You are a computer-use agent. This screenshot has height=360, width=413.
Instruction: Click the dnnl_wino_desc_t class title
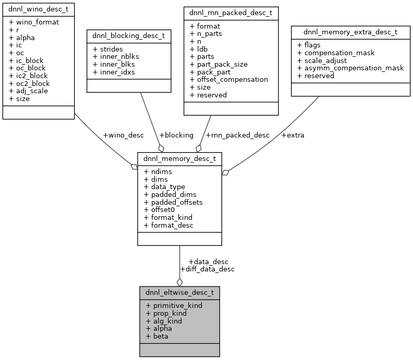38,9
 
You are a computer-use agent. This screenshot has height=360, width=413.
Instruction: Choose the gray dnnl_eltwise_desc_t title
179,293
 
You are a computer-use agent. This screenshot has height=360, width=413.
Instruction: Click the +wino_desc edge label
123,135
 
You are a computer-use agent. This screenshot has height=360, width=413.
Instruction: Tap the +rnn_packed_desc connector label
237,135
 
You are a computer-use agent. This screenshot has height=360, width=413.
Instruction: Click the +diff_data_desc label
207,269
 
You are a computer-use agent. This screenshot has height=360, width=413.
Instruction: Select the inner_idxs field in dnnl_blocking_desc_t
113,72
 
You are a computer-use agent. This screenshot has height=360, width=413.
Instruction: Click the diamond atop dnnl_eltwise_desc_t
179,282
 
